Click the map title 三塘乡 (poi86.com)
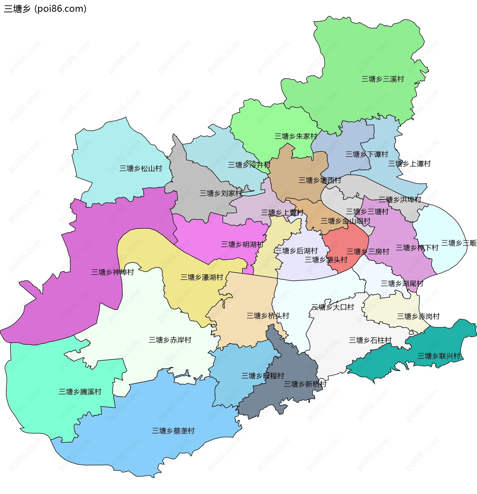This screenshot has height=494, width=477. pos(45,9)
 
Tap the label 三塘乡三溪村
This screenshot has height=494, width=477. pos(383,79)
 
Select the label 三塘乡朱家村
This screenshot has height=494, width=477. pos(296,136)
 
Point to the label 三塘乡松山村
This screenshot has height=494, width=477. pos(141,168)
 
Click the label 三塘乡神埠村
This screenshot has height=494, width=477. pos(112,272)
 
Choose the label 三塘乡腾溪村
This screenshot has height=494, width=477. pos(80,392)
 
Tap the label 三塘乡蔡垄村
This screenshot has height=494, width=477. pos(173,431)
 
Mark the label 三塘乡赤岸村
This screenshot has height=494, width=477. pos(170,340)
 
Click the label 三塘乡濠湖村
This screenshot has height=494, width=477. pos(201,277)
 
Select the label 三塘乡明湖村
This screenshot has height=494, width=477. pos(242,244)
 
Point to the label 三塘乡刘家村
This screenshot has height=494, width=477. pos(221,193)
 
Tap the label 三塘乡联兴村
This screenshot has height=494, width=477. pos(439,356)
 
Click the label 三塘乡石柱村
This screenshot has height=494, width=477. pos(370,340)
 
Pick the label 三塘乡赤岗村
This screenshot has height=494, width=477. pos(418,316)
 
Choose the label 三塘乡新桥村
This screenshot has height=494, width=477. pos(305,384)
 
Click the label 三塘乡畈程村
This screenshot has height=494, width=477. pos(263,376)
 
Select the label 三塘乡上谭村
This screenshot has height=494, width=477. pos(409,164)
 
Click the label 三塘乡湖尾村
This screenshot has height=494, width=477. pos(402,284)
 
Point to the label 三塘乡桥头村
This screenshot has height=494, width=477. pos(268,316)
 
